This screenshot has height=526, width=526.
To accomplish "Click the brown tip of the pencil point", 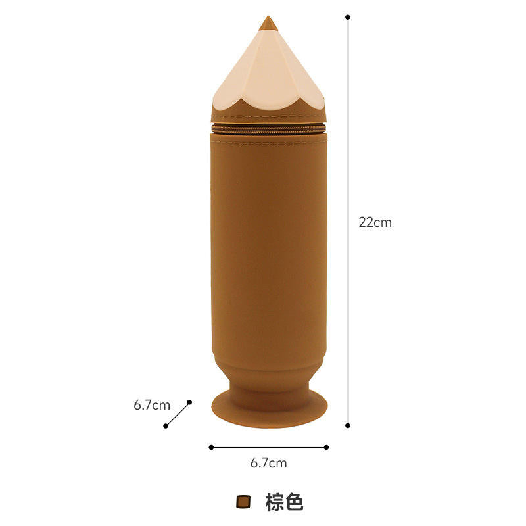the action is tap(268, 24).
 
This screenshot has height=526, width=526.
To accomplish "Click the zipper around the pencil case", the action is tap(268, 129).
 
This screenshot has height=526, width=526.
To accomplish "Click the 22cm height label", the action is tap(375, 222).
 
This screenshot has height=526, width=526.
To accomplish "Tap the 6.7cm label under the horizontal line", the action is tap(269, 463).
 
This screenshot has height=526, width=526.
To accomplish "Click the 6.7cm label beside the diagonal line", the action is tap(152, 405).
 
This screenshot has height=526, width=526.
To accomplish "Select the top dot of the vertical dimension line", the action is tap(348, 17).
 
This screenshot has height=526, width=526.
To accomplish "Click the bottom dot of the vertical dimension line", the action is tap(348, 425).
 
